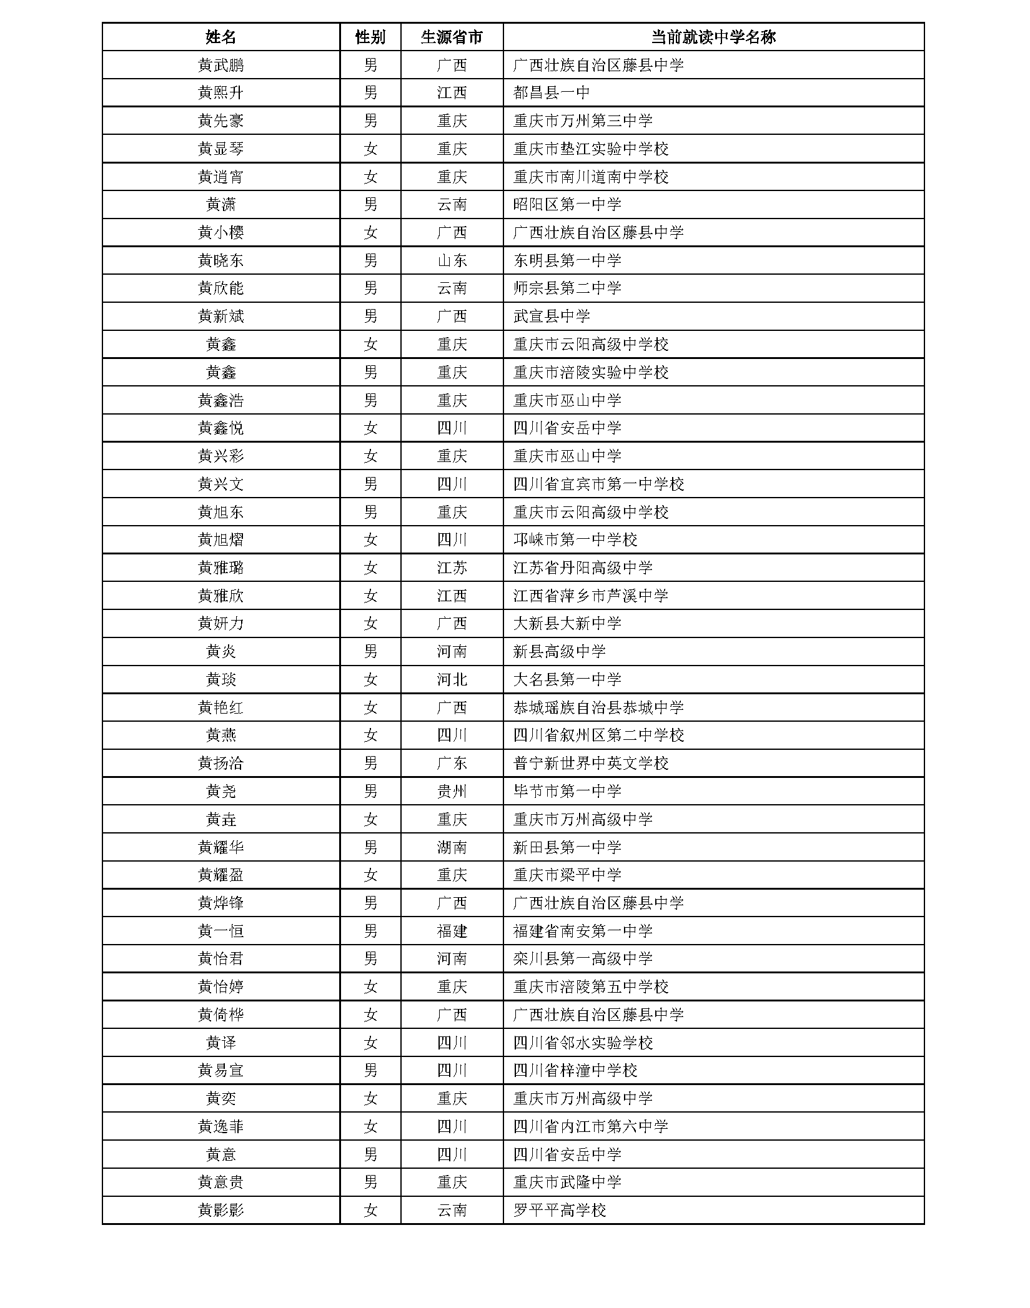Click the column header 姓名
pyautogui.click(x=220, y=37)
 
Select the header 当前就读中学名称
pyautogui.click(x=713, y=37)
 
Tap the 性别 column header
pyautogui.click(x=370, y=37)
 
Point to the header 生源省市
pyautogui.click(x=452, y=37)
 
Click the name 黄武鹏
pyautogui.click(x=220, y=65)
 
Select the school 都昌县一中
pyautogui.click(x=552, y=93)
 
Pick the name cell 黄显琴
pyautogui.click(x=220, y=149)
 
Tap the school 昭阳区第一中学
pyautogui.click(x=567, y=205)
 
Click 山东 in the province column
pyautogui.click(x=452, y=260)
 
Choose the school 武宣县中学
pyautogui.click(x=552, y=317)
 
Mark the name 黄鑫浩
pyautogui.click(x=220, y=400)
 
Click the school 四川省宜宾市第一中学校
pyautogui.click(x=598, y=484)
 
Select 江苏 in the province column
pyautogui.click(x=452, y=568)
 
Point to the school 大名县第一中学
pyautogui.click(x=567, y=679)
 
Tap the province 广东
pyautogui.click(x=452, y=763)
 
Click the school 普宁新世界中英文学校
pyautogui.click(x=591, y=763)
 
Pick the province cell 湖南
pyautogui.click(x=452, y=847)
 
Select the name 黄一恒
pyautogui.click(x=220, y=931)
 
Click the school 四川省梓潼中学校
pyautogui.click(x=575, y=1071)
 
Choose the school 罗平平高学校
pyautogui.click(x=560, y=1211)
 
